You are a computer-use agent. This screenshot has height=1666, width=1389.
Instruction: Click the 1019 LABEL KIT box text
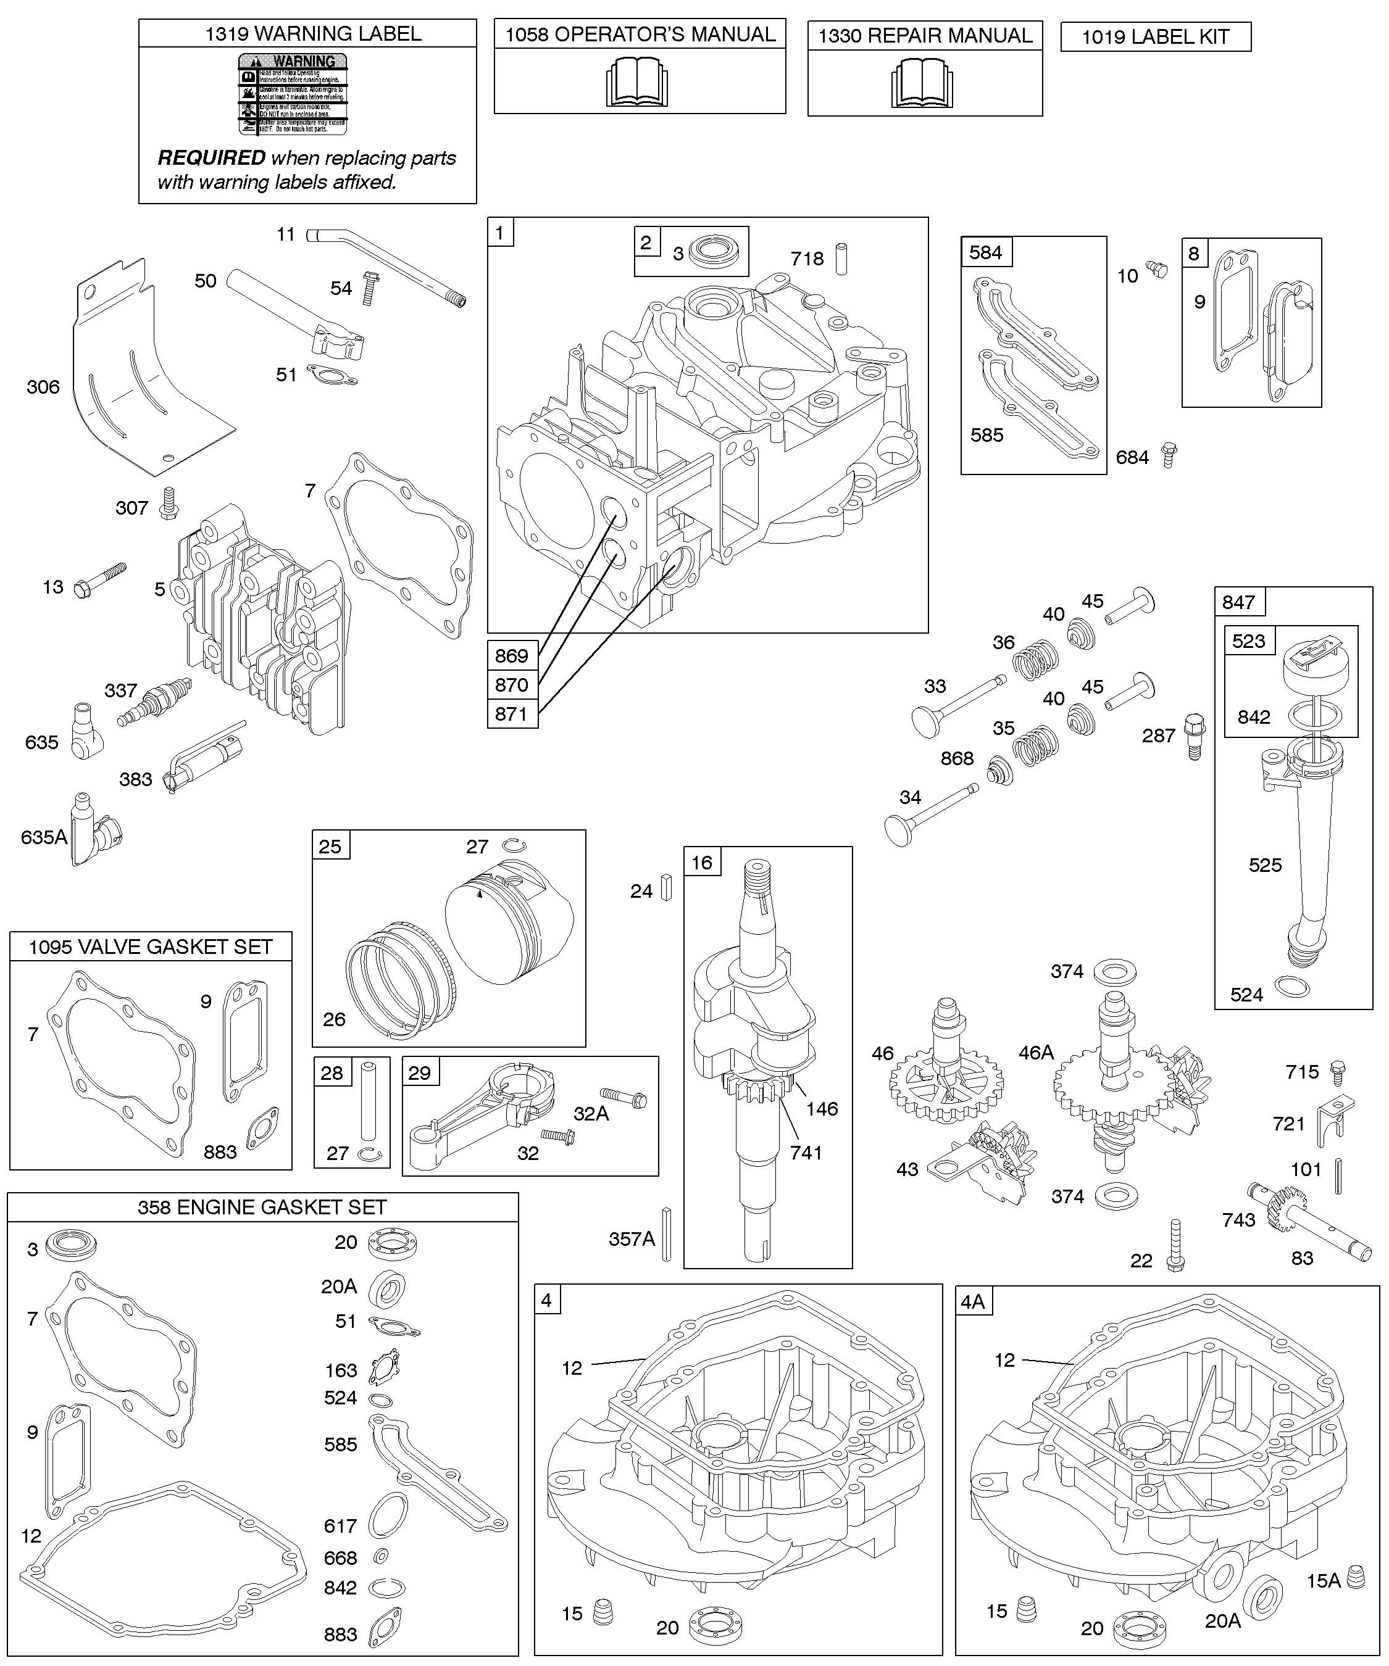point(1155,37)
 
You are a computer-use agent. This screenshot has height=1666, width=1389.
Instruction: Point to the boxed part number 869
point(512,655)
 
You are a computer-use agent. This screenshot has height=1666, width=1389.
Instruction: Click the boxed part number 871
point(512,713)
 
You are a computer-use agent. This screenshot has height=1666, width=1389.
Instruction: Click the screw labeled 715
point(1337,1071)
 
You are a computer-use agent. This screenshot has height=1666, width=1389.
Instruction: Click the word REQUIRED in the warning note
point(211,158)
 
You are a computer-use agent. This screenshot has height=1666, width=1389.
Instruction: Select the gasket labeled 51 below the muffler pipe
point(330,374)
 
